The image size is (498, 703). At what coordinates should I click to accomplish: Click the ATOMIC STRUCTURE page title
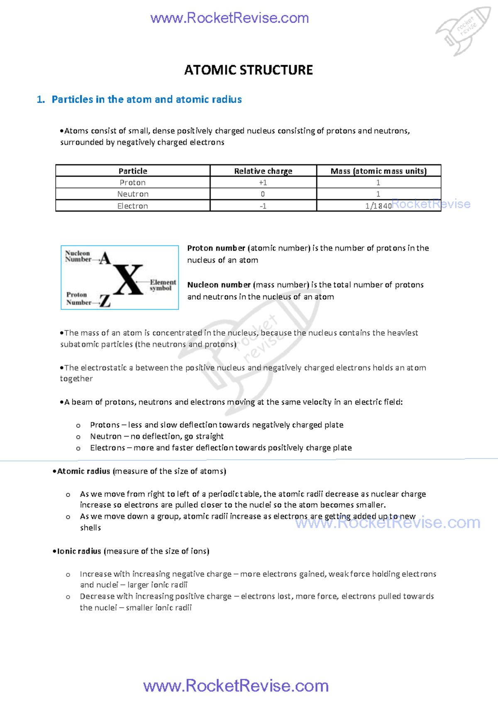click(x=248, y=70)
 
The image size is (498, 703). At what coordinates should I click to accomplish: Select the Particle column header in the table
click(x=133, y=171)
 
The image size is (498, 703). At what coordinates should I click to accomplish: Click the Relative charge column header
click(x=263, y=171)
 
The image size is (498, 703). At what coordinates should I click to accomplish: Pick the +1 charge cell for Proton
click(x=263, y=182)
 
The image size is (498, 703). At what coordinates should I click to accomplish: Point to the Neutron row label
click(x=133, y=194)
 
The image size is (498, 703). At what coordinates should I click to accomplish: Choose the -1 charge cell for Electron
click(x=263, y=206)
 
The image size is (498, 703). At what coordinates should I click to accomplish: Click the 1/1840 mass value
click(x=378, y=206)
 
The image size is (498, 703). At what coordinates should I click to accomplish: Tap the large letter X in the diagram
click(x=129, y=280)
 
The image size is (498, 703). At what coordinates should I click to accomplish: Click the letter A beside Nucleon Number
click(x=105, y=258)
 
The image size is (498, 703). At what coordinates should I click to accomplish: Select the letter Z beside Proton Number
click(x=105, y=301)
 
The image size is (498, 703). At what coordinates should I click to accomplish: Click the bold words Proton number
click(x=216, y=248)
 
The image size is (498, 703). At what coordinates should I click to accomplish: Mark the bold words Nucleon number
click(x=219, y=285)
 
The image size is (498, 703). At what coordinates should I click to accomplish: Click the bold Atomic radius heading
click(x=83, y=471)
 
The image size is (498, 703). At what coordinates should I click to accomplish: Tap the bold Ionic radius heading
click(x=79, y=551)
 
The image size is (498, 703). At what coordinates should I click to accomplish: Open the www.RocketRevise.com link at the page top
click(x=229, y=18)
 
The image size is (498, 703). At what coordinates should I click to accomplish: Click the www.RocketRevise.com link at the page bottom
click(x=236, y=686)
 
